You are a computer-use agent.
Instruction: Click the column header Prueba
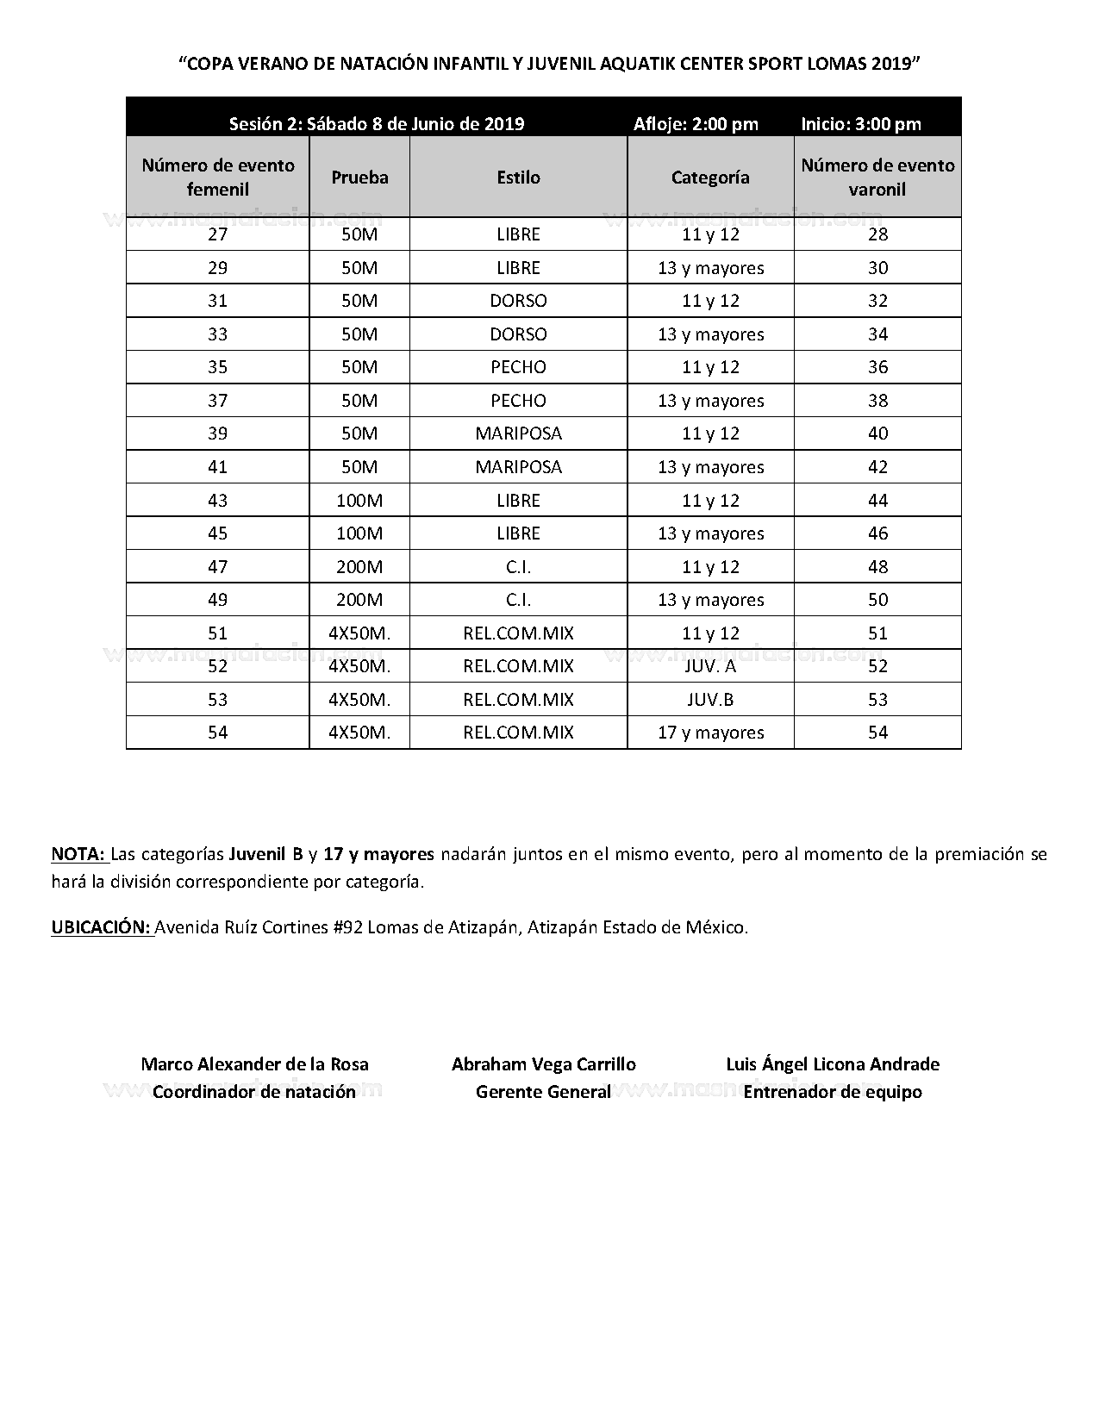click(x=359, y=178)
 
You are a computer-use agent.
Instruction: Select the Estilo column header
click(x=518, y=178)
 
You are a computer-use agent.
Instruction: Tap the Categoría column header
click(x=710, y=178)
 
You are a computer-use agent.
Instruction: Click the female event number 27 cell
click(x=217, y=234)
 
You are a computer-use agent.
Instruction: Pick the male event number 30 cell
click(x=877, y=268)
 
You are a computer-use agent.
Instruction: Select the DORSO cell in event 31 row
click(x=518, y=301)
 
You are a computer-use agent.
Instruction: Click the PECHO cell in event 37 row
click(x=518, y=401)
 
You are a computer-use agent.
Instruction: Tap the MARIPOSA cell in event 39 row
click(x=518, y=433)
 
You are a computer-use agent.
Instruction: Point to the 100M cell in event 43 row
click(x=359, y=501)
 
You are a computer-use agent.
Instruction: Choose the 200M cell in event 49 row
click(x=359, y=600)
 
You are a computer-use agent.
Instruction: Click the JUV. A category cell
click(x=710, y=666)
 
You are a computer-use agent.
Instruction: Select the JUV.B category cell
click(x=710, y=700)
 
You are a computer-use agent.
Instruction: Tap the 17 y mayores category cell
click(x=710, y=733)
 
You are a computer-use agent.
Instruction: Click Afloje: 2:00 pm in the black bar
click(x=696, y=124)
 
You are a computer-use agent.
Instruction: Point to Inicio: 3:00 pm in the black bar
click(x=860, y=124)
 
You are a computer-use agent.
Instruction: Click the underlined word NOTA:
click(x=78, y=855)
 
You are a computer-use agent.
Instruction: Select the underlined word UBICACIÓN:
click(x=102, y=927)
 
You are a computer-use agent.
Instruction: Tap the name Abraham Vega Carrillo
click(x=543, y=1064)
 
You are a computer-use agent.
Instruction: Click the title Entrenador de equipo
click(x=832, y=1092)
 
